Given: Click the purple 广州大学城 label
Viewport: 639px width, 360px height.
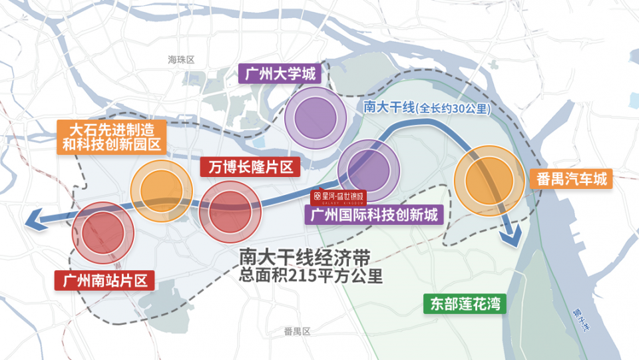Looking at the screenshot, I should click(280, 73).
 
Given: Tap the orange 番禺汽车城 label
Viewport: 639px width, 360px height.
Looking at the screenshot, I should click(572, 179).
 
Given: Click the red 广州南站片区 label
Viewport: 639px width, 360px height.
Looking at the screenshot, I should click(104, 280).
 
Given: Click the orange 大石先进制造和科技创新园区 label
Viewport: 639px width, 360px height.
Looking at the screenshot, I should click(111, 137).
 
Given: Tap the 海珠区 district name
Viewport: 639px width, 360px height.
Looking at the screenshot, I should click(180, 60).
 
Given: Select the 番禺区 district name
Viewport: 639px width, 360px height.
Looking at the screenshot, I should click(297, 331).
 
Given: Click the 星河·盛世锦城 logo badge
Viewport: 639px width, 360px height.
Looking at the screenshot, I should click(339, 196).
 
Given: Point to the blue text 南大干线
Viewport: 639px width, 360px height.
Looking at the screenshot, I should click(389, 106).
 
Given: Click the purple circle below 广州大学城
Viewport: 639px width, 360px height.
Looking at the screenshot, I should click(316, 118).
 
